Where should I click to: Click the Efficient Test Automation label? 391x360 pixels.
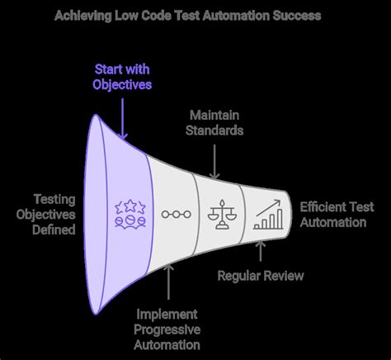[x=334, y=215]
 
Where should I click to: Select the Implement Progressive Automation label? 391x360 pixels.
[x=169, y=328]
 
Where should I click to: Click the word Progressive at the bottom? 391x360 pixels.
[x=169, y=328]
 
